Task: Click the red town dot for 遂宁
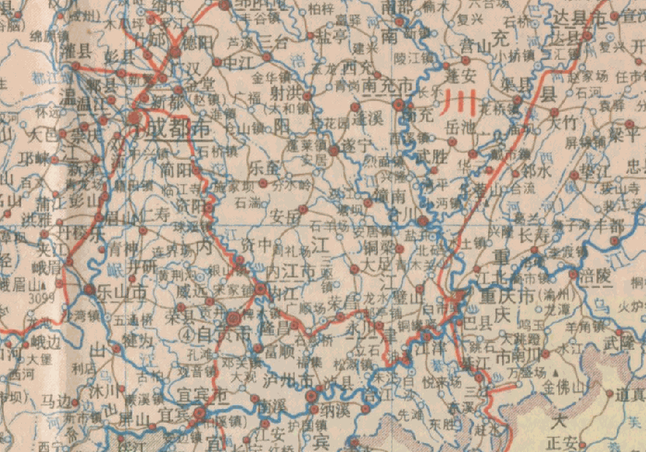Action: [334, 150]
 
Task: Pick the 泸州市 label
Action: [287, 380]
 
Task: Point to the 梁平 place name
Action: [626, 137]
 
